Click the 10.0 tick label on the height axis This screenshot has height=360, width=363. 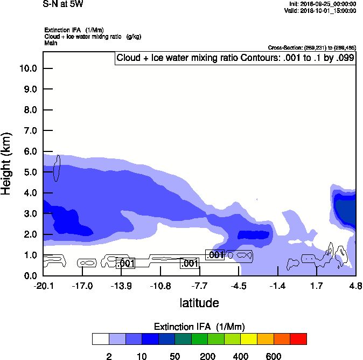pyautogui.click(x=27, y=68)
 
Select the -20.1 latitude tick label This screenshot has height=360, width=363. pyautogui.click(x=43, y=286)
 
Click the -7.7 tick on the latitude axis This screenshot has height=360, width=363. pyautogui.click(x=200, y=286)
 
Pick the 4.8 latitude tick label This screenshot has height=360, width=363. pyautogui.click(x=355, y=286)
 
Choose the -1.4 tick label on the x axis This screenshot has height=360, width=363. pyautogui.click(x=278, y=286)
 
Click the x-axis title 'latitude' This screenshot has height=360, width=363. pyautogui.click(x=199, y=303)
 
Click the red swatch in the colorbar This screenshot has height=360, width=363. pyautogui.click(x=298, y=339)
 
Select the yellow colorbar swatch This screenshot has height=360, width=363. pyautogui.click(x=249, y=339)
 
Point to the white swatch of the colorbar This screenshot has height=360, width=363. pyautogui.click(x=101, y=339)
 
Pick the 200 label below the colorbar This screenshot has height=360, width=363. pyautogui.click(x=208, y=356)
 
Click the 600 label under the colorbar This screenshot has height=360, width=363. pyautogui.click(x=274, y=356)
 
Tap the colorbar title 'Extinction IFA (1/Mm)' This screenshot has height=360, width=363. pyautogui.click(x=199, y=327)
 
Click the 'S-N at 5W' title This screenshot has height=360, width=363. pyautogui.click(x=64, y=4)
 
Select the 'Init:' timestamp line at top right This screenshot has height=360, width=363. pyautogui.click(x=322, y=4)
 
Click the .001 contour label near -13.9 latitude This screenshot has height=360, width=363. pyautogui.click(x=125, y=264)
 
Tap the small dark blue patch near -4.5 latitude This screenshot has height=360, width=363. pyautogui.click(x=254, y=235)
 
